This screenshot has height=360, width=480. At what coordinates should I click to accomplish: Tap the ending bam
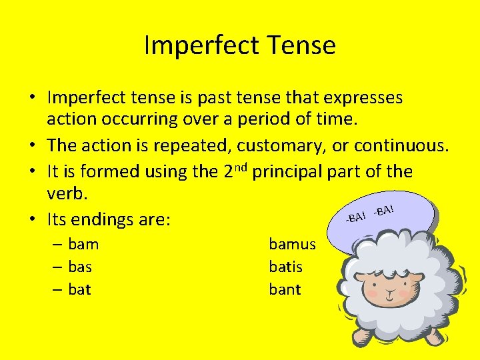(83, 244)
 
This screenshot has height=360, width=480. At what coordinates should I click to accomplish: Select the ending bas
(80, 267)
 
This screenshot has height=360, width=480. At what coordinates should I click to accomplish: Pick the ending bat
(79, 289)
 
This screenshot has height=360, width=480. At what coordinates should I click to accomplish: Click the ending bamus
(292, 244)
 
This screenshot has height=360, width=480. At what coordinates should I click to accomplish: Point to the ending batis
(285, 267)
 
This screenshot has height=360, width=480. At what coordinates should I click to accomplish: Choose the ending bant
(285, 289)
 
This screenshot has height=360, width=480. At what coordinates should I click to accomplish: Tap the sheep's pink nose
(389, 288)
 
